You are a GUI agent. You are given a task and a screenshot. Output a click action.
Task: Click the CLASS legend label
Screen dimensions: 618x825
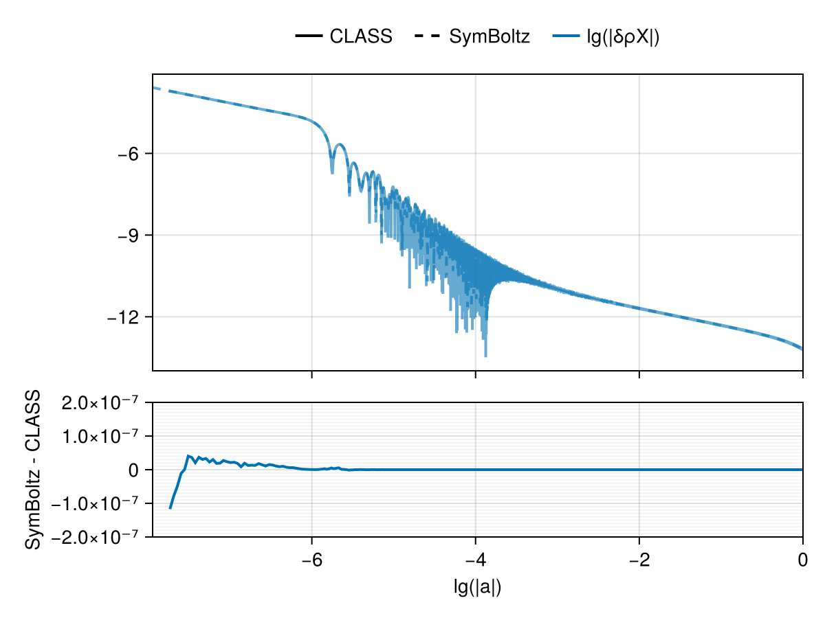[x=361, y=37]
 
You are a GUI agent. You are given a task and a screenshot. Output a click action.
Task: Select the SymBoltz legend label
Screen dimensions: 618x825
[x=489, y=37]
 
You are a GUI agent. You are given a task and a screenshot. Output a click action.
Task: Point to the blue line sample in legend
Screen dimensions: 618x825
[x=566, y=37]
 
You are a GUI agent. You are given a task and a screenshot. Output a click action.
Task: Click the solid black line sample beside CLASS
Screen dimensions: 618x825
[x=309, y=37]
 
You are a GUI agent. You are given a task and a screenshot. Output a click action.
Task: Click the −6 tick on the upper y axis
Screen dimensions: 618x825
[x=131, y=154]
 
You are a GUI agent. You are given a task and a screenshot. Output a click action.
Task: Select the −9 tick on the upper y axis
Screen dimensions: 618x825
[x=131, y=236]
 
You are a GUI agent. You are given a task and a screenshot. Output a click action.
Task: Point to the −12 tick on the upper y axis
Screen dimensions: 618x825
[x=126, y=317]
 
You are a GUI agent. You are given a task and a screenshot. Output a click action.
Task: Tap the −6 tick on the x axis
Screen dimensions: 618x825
[x=311, y=559]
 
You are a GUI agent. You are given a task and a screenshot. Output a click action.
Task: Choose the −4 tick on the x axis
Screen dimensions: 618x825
[x=475, y=559]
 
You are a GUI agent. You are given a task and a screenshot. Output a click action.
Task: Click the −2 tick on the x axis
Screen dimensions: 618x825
[x=639, y=559]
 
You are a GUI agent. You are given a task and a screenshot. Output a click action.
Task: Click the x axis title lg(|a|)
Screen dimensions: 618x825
[x=477, y=588]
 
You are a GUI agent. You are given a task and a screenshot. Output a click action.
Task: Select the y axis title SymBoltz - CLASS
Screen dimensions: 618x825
[x=32, y=470]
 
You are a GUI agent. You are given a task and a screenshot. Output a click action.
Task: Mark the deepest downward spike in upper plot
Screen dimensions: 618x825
[x=485, y=355]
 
